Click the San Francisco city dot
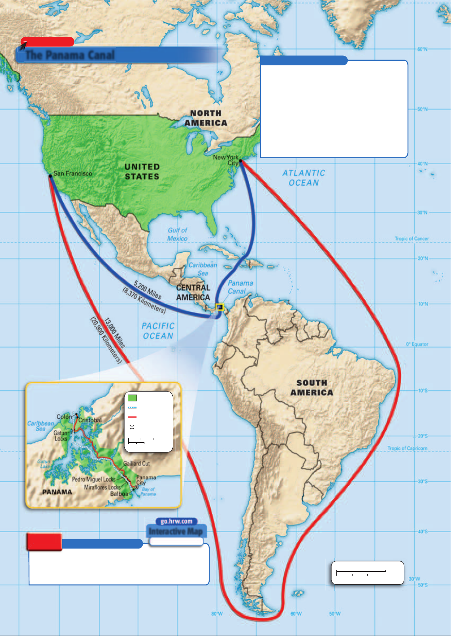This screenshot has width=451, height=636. point(50,176)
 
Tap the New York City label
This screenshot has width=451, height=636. point(226,160)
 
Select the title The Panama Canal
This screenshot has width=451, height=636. point(70,55)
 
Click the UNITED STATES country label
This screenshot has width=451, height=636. point(142,172)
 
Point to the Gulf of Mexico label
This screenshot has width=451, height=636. point(177,234)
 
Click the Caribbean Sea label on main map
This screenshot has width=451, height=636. point(203,269)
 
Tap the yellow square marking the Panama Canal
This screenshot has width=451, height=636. point(219,307)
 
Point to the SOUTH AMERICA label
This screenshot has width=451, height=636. point(312,388)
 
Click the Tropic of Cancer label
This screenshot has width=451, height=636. point(411,239)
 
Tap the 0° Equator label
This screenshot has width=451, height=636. point(417,344)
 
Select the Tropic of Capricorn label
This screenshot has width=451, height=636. point(407,449)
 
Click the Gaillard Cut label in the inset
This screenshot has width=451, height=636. point(137,464)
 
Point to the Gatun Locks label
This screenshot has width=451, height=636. point(60,436)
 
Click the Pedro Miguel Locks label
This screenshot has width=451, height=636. point(94,479)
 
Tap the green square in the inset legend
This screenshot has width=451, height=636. point(132,398)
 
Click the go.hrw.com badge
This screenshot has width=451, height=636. point(176,521)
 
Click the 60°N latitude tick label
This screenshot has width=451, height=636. point(422,49)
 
